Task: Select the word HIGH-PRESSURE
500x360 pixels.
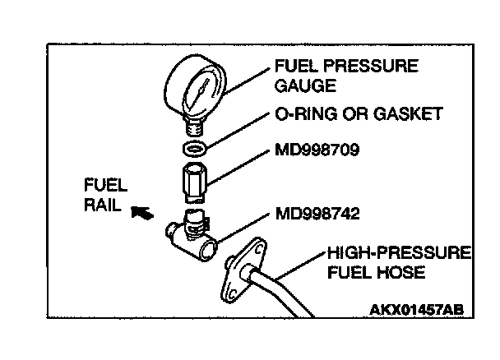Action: tap(397, 252)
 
